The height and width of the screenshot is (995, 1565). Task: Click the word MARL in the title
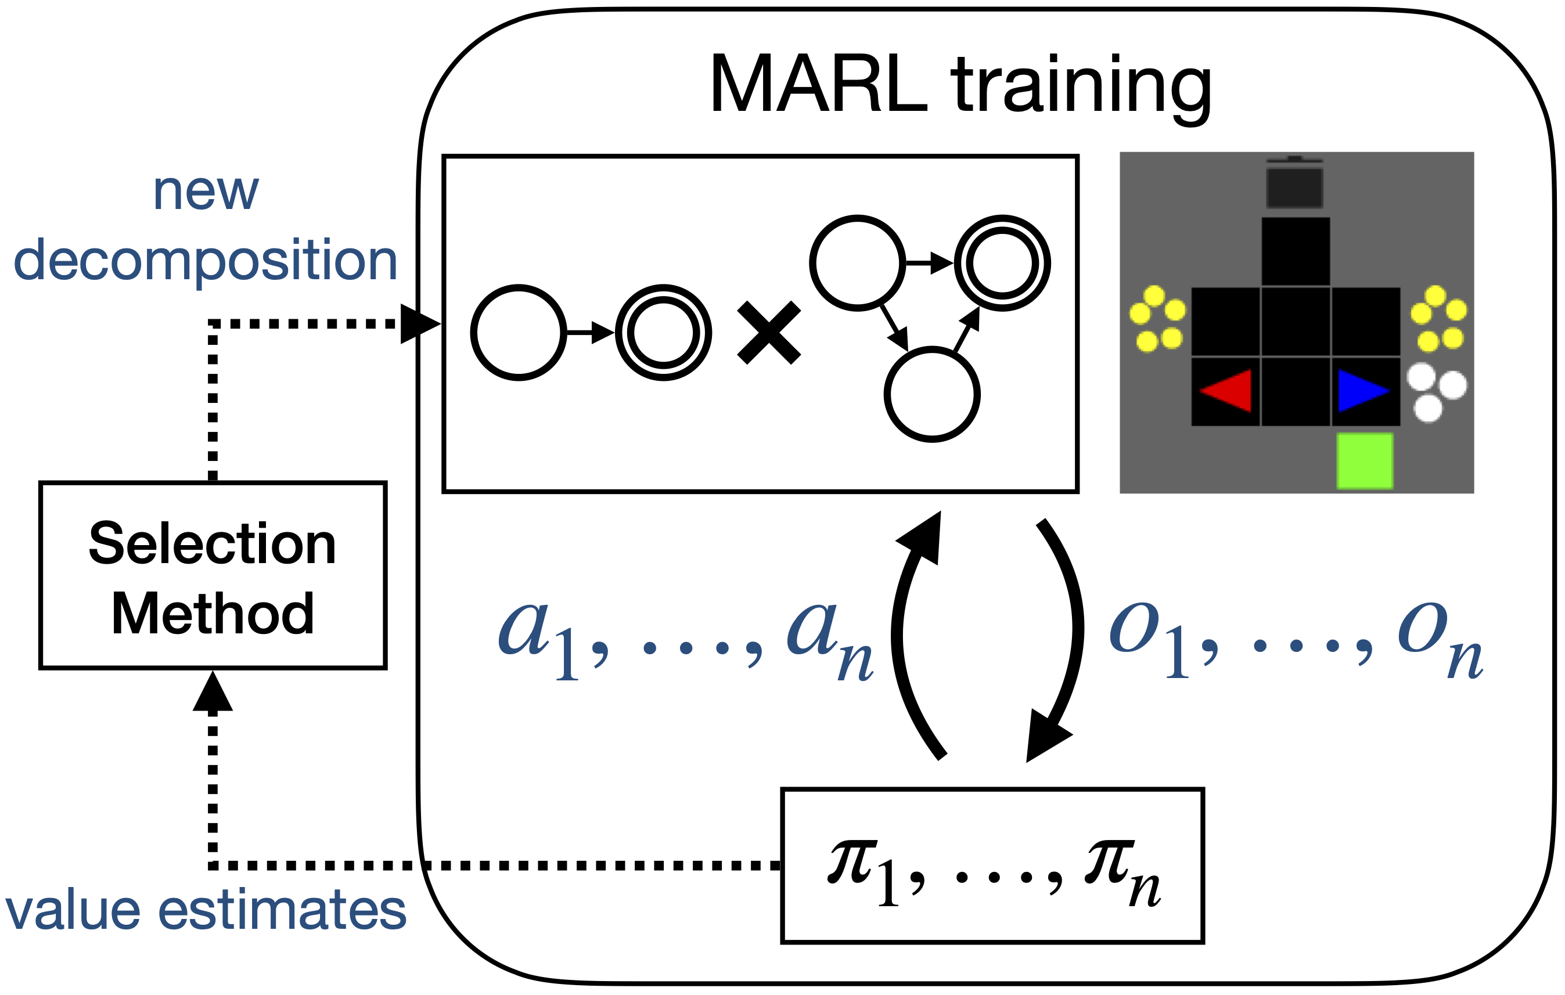point(818,85)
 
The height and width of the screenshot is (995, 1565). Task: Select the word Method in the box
point(213,614)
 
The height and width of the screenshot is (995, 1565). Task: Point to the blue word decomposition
point(206,261)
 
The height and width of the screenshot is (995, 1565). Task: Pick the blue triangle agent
point(1362,391)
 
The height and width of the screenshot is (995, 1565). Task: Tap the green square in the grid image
point(1364,461)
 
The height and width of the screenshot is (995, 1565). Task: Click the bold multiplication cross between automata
point(769,333)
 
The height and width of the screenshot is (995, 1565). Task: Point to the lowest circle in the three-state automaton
point(932,395)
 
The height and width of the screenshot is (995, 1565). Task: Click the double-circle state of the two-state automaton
point(663,333)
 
